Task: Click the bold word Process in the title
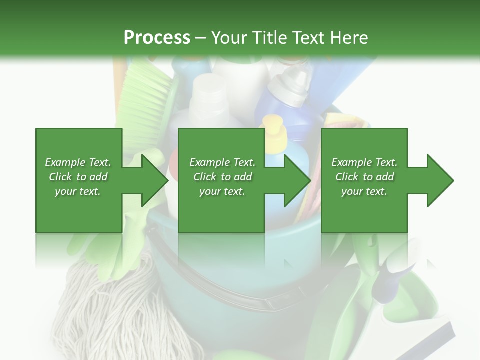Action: pos(157,38)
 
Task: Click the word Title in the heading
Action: pos(266,38)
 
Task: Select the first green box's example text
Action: pos(78,177)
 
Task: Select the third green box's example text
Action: pos(364,177)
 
